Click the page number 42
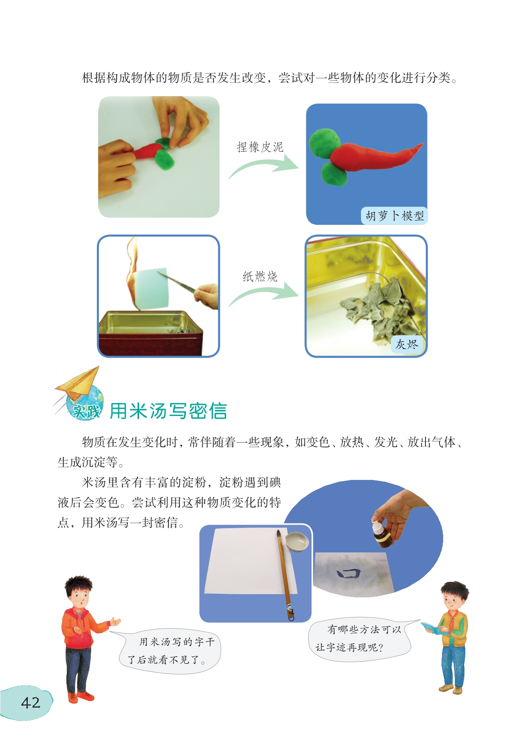pyautogui.click(x=31, y=702)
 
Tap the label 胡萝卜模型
pyautogui.click(x=395, y=216)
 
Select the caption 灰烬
pyautogui.click(x=407, y=344)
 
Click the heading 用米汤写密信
pyautogui.click(x=169, y=411)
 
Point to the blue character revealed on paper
pyautogui.click(x=348, y=573)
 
